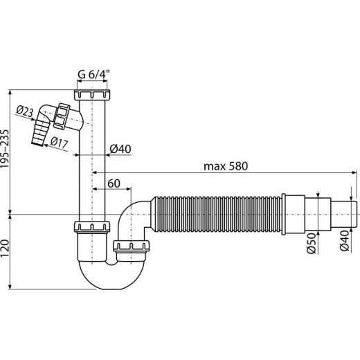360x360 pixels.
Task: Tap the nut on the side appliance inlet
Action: tap(62, 118)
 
